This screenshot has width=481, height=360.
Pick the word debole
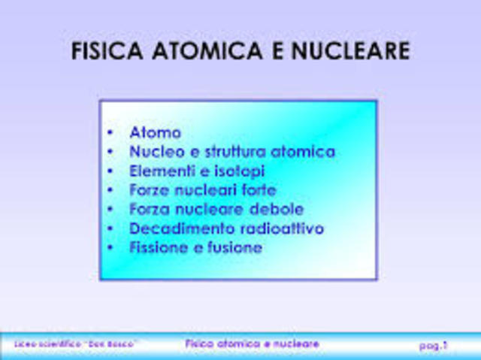[277, 209]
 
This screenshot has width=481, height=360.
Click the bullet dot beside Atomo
[110, 134]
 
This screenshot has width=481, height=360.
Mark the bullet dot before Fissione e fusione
[110, 248]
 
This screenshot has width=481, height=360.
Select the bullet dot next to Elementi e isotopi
[110, 171]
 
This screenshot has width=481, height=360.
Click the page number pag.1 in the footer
[433, 345]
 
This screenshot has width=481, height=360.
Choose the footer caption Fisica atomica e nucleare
[252, 343]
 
